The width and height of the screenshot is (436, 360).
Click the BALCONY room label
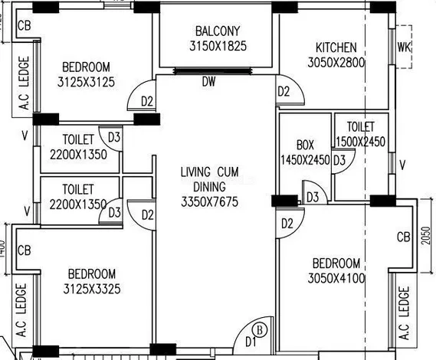(218, 31)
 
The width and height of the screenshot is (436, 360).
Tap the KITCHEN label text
(336, 47)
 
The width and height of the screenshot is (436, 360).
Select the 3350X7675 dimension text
(210, 202)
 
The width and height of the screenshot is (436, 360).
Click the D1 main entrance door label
(251, 342)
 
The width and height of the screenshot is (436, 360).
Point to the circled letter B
(260, 330)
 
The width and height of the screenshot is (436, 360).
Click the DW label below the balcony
(209, 82)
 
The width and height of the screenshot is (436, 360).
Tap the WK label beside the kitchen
(404, 47)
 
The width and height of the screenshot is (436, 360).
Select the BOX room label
(305, 145)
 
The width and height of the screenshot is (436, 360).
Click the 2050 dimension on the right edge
(425, 236)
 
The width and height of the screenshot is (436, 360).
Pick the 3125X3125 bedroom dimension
(86, 82)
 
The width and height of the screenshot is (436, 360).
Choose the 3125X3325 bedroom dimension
(92, 289)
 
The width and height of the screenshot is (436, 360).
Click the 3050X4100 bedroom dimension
(336, 278)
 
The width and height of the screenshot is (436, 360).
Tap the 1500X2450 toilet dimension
(360, 142)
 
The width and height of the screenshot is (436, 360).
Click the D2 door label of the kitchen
(284, 91)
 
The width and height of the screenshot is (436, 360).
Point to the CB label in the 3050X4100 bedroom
(404, 237)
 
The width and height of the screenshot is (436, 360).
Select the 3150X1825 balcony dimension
(218, 46)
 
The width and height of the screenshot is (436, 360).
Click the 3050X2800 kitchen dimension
(336, 62)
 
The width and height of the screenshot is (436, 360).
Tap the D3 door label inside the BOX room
(313, 198)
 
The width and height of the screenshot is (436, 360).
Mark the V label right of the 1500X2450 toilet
(402, 165)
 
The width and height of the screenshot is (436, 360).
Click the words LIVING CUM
(210, 172)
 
